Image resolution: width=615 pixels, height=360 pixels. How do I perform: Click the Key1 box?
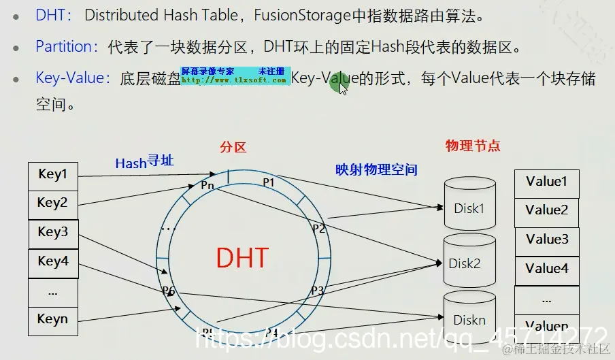tap(53, 175)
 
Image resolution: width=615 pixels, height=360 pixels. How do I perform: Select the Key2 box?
tap(53, 203)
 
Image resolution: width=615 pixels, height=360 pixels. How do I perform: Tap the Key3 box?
tap(53, 233)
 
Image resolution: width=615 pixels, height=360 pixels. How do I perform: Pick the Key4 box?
tap(53, 262)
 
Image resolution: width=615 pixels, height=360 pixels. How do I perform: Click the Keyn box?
tap(53, 320)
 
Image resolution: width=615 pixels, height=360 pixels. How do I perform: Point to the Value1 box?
tap(546, 182)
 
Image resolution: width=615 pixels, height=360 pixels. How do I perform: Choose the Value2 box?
tap(546, 210)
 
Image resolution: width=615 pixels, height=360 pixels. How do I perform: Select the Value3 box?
tap(546, 240)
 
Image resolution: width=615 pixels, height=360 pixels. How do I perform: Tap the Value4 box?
tap(546, 269)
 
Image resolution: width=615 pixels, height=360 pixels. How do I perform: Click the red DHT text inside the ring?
tap(242, 258)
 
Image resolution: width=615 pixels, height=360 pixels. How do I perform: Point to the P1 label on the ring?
tap(268, 182)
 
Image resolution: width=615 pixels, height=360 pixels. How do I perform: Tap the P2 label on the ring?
tap(318, 228)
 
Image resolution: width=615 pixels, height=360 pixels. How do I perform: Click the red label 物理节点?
tap(472, 146)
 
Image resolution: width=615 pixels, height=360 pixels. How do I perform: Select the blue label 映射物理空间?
tap(376, 169)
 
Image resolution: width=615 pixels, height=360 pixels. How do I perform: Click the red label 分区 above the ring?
tap(233, 147)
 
